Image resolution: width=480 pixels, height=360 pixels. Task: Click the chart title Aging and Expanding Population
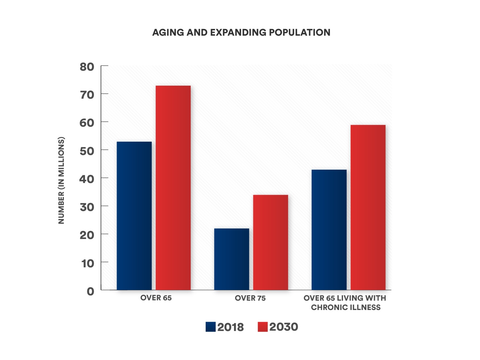(x=241, y=32)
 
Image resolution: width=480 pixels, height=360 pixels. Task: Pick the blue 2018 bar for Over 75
(x=231, y=259)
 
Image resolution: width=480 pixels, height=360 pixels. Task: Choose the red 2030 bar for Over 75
(x=270, y=242)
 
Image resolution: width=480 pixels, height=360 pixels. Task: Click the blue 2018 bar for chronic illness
(x=329, y=230)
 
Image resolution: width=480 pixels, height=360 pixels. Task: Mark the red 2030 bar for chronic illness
(x=368, y=207)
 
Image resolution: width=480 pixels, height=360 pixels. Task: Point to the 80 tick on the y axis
(x=87, y=67)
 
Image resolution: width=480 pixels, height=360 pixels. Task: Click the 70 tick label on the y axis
(x=87, y=95)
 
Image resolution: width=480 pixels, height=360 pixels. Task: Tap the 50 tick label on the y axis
(x=87, y=151)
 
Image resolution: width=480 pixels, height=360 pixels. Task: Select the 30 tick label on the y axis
(x=87, y=207)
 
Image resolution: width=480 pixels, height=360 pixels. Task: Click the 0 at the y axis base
(x=90, y=291)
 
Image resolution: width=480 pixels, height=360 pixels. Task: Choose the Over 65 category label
(x=156, y=298)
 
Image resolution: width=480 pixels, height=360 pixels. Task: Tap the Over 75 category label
(x=250, y=298)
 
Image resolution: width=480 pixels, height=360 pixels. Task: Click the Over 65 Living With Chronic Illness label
(x=345, y=303)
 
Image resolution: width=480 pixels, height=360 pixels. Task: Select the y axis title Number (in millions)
(x=61, y=180)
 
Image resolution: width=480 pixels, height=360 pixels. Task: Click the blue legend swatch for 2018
(x=211, y=327)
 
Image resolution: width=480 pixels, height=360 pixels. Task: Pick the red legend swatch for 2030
(x=263, y=327)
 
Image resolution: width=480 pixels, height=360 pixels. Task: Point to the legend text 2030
(x=284, y=327)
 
